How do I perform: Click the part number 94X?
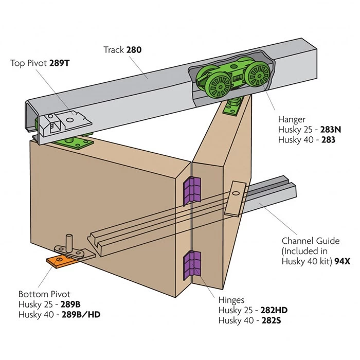point(341,261)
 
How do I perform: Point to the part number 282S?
point(276,320)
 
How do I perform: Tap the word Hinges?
point(232,300)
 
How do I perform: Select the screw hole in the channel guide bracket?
point(236,194)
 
